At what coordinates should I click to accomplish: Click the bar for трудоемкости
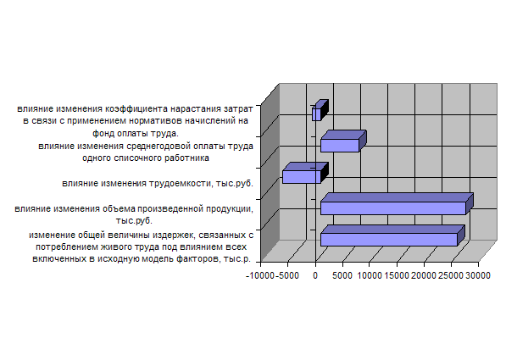(305, 174)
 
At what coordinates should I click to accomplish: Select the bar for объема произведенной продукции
(397, 204)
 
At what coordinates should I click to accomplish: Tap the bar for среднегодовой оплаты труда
(343, 141)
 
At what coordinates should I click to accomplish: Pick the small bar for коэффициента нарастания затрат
(320, 111)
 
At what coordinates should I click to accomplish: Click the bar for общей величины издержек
(392, 235)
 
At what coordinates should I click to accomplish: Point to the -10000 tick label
(259, 275)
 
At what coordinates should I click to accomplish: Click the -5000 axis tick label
(287, 275)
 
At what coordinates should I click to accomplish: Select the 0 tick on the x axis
(315, 275)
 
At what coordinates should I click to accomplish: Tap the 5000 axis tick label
(342, 275)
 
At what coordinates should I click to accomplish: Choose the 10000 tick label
(370, 275)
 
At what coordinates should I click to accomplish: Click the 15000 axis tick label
(397, 275)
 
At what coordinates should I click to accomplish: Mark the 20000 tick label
(424, 275)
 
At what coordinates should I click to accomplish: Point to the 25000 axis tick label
(451, 275)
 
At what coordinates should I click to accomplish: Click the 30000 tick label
(478, 275)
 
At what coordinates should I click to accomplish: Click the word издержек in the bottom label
(174, 235)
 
